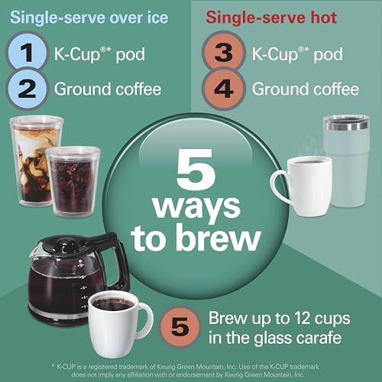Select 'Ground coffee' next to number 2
(x=108, y=89)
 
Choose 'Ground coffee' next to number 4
(x=305, y=89)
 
